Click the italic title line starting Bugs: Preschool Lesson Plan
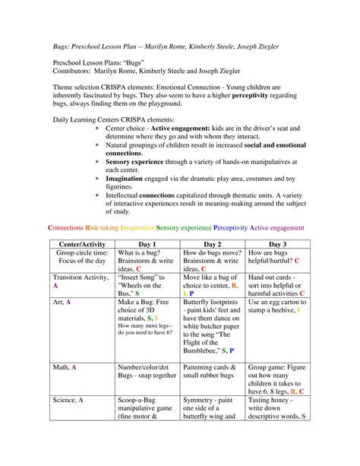171,46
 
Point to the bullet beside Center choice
96,128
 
